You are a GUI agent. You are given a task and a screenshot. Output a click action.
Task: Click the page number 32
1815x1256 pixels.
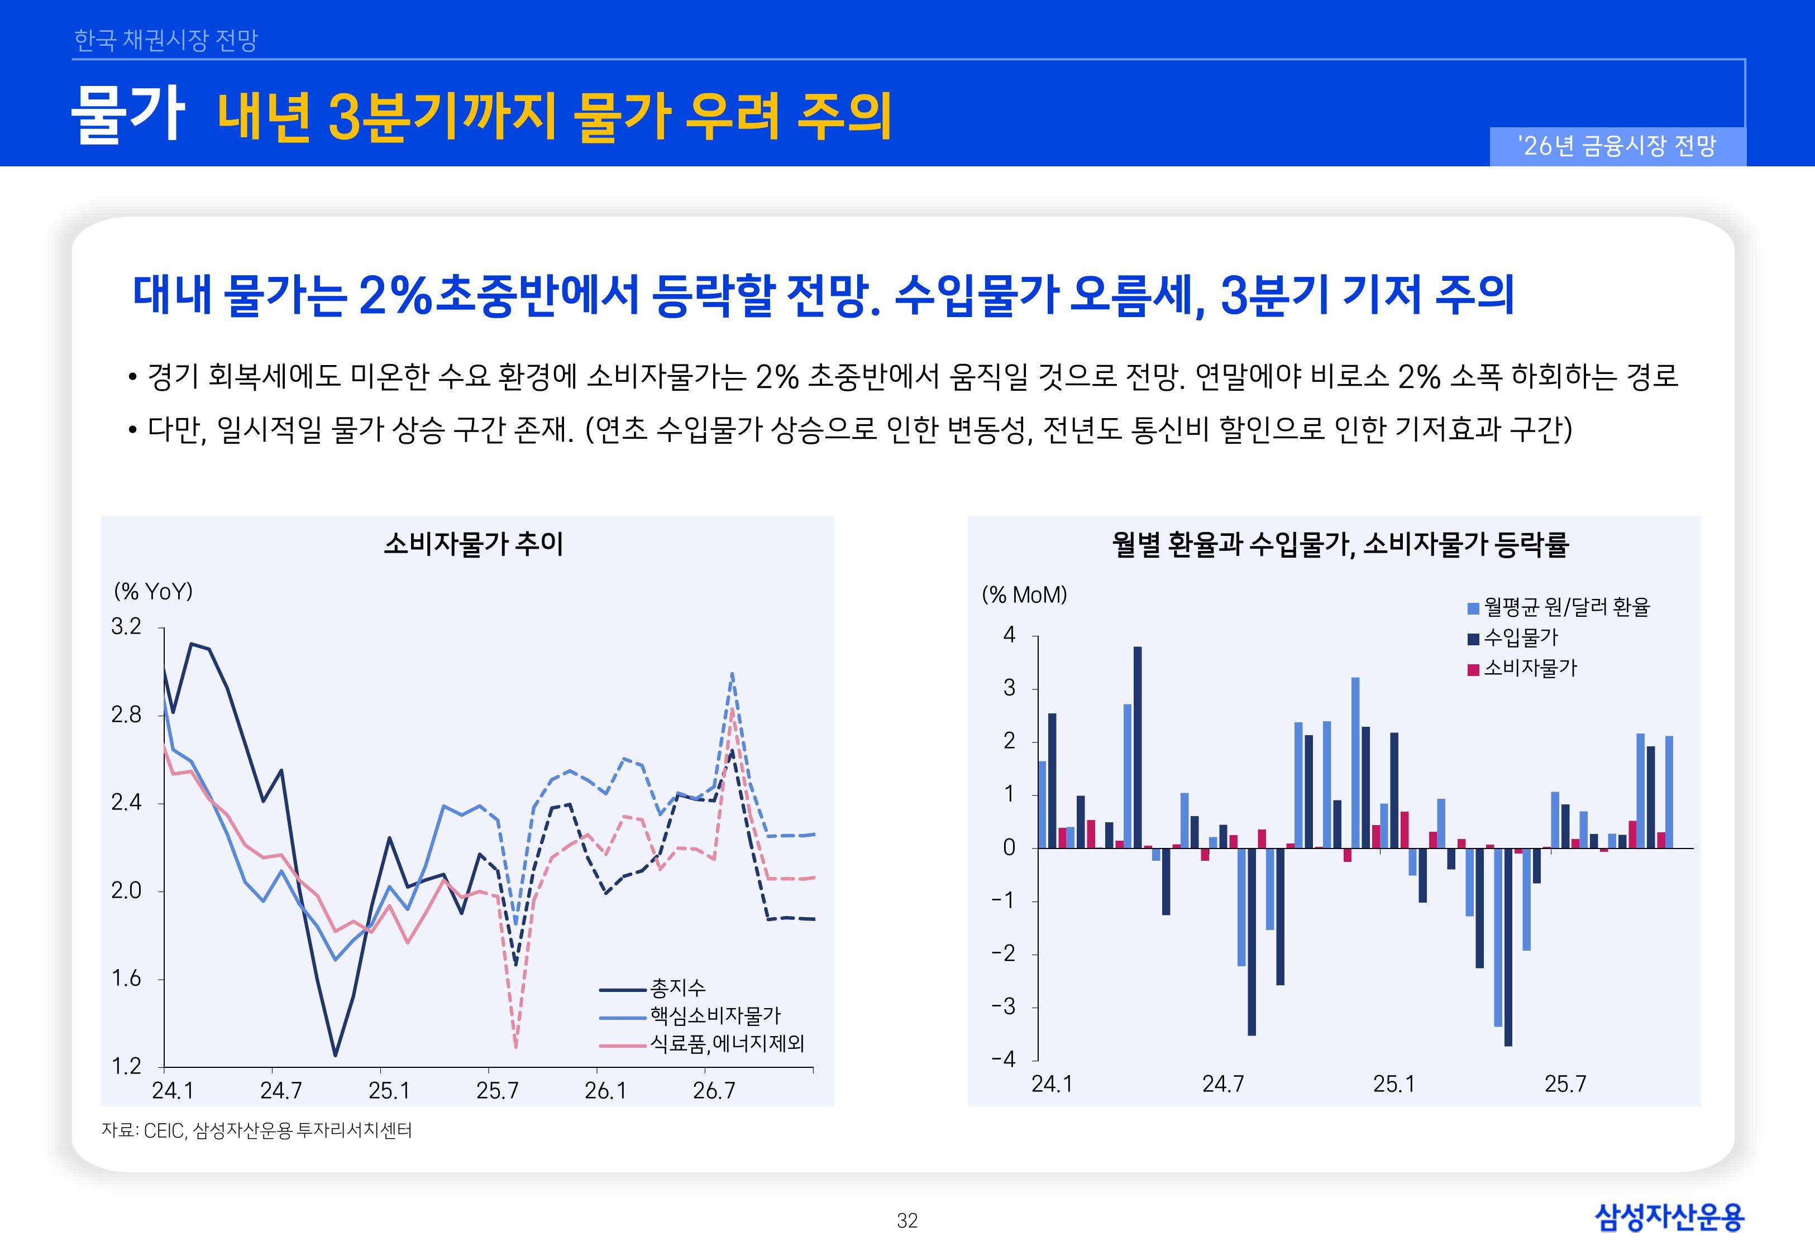coord(907,1221)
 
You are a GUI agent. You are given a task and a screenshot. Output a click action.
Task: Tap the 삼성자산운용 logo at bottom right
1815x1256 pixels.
coord(1669,1217)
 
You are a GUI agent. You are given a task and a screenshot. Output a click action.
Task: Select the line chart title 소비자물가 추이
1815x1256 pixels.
coord(473,544)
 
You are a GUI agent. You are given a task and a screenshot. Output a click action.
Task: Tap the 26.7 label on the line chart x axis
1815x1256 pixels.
coord(714,1091)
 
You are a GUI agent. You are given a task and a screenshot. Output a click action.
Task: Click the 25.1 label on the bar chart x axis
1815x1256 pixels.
coord(1393,1085)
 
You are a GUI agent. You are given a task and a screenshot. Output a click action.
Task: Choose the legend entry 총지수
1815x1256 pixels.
coord(677,989)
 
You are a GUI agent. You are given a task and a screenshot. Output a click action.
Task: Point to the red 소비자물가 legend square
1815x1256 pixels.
coord(1473,670)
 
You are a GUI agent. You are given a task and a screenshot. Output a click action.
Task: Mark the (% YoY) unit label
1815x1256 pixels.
coord(154,592)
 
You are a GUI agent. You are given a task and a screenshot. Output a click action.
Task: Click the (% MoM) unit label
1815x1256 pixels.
coord(1024,595)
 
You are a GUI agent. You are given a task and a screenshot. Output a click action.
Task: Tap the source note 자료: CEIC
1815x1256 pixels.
coord(256,1131)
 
